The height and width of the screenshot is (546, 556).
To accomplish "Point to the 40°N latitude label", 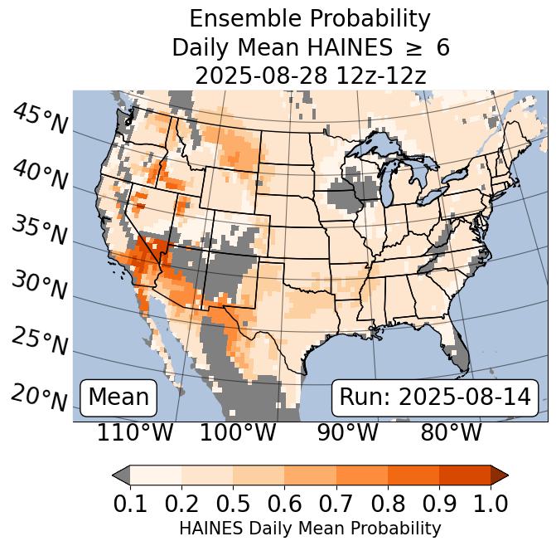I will pyautogui.click(x=40, y=175).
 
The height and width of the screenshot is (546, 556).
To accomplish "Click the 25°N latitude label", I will pyautogui.click(x=40, y=340).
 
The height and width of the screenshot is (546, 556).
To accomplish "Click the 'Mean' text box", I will pyautogui.click(x=118, y=397).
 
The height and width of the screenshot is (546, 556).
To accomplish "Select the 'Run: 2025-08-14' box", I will pyautogui.click(x=435, y=397).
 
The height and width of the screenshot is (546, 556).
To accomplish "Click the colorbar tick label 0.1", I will pyautogui.click(x=130, y=503).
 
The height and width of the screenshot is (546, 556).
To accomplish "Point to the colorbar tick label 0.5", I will pyautogui.click(x=233, y=503).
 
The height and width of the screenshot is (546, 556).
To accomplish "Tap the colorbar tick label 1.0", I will pyautogui.click(x=490, y=503).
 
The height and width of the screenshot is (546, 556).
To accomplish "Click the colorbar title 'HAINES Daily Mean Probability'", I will pyautogui.click(x=310, y=528).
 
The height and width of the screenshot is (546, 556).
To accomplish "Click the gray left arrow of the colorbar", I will pyautogui.click(x=121, y=475).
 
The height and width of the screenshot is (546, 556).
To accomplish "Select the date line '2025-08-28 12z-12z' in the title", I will pyautogui.click(x=310, y=76).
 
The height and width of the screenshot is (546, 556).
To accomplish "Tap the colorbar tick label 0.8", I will pyautogui.click(x=387, y=503).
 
